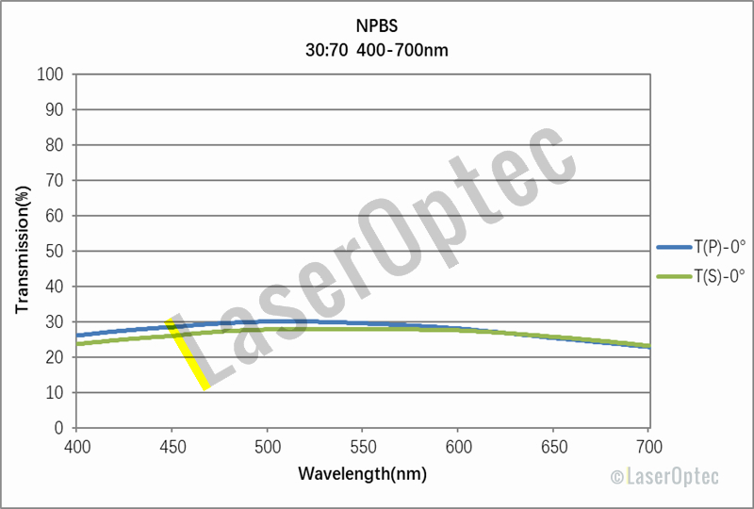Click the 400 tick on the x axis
click(x=77, y=444)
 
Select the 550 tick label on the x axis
click(x=364, y=444)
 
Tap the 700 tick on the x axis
click(x=649, y=444)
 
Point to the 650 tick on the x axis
click(x=554, y=444)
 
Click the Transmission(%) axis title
click(x=22, y=252)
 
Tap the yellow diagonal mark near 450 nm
click(x=188, y=354)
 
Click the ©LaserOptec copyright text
click(x=664, y=478)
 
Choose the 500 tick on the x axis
click(x=268, y=444)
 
